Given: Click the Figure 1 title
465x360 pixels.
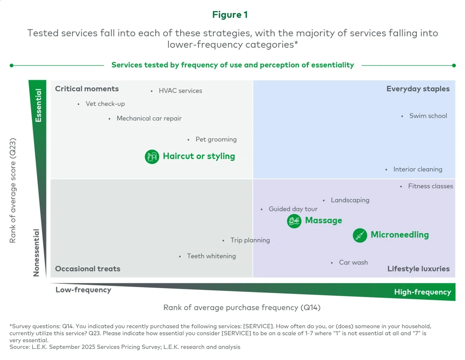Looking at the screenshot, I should click(x=230, y=15).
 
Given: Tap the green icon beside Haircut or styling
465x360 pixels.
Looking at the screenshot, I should click(x=152, y=157).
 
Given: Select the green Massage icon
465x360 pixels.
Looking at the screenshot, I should click(x=294, y=221).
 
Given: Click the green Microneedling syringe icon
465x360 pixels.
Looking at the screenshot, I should click(x=360, y=235).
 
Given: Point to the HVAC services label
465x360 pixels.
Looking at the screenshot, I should click(x=180, y=91).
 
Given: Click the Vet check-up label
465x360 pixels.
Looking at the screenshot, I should click(x=105, y=104).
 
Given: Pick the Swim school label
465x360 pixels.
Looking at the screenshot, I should click(x=428, y=116).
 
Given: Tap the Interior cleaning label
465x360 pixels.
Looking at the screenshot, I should click(x=417, y=169).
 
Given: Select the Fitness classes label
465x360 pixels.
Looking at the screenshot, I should click(x=430, y=186).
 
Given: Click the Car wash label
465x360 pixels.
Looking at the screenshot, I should click(x=353, y=262).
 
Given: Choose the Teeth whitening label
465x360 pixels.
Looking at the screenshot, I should click(x=211, y=256).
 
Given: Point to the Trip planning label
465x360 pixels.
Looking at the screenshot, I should click(x=250, y=240).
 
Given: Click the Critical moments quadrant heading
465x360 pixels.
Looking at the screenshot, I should click(x=87, y=89).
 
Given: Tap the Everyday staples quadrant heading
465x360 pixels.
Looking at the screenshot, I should click(x=418, y=89).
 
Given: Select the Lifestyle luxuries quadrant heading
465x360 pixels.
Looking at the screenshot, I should click(x=418, y=269).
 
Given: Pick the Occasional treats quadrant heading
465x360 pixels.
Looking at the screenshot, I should click(x=88, y=269).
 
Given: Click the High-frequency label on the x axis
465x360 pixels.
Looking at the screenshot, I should click(x=422, y=292).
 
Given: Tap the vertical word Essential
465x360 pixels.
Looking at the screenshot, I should click(x=38, y=105).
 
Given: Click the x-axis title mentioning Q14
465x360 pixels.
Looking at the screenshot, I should click(x=242, y=307).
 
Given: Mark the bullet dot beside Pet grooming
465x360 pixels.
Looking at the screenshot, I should click(x=189, y=140).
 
